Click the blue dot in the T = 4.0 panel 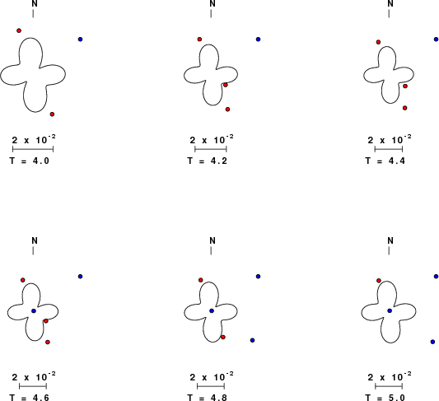click(x=81, y=40)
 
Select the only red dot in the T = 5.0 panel click(x=379, y=281)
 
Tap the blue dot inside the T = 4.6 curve click(x=34, y=311)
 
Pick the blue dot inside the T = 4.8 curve click(x=212, y=311)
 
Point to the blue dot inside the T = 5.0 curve click(x=390, y=311)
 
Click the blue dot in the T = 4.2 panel click(x=258, y=40)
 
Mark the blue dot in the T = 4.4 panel click(x=437, y=40)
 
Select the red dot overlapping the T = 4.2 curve click(x=226, y=85)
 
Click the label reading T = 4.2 click(x=208, y=161)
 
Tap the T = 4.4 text click(x=385, y=161)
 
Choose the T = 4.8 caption click(x=208, y=398)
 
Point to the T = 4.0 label click(x=30, y=161)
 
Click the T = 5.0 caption click(x=385, y=398)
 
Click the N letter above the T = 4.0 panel click(x=35, y=3)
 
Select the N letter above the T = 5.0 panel click(x=390, y=240)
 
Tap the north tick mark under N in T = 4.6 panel click(x=33, y=251)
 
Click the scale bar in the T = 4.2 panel click(x=211, y=149)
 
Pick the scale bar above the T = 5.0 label click(x=389, y=386)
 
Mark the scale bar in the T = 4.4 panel click(x=389, y=149)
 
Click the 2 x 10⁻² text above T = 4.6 click(x=34, y=376)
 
